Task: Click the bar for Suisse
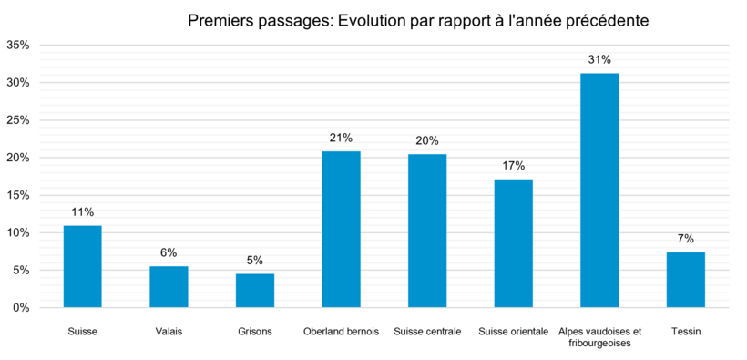click(82, 266)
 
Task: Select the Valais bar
click(169, 287)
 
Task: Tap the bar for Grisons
click(254, 291)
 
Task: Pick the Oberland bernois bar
click(341, 230)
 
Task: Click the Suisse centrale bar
click(427, 231)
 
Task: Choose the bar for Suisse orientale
click(513, 243)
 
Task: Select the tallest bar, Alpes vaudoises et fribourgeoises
click(599, 190)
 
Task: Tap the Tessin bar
click(685, 280)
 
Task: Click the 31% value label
click(599, 60)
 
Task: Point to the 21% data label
click(341, 138)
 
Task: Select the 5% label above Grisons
click(254, 260)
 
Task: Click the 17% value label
click(513, 166)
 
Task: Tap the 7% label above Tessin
click(685, 239)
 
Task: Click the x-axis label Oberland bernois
click(341, 332)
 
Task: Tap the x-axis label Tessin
click(685, 332)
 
